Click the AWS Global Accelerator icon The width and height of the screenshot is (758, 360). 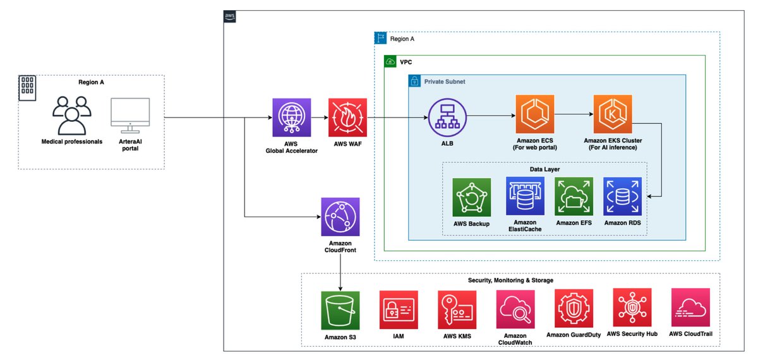pos(291,117)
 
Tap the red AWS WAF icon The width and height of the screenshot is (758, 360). pos(347,117)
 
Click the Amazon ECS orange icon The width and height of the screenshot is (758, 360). pos(534,114)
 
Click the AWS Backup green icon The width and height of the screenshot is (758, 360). pos(471,197)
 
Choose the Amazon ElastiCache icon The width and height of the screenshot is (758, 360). pos(525,196)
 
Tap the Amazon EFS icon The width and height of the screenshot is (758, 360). pos(574,196)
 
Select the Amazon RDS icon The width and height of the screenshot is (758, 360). pos(622,196)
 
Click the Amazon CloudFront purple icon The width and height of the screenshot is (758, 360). pos(340,217)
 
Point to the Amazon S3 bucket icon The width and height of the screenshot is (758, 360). pos(340,310)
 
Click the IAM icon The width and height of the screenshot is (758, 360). pos(398,309)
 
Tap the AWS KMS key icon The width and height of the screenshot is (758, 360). pos(457,309)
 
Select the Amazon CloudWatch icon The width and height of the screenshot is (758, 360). pos(515,309)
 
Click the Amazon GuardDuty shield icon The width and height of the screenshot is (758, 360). pos(574,308)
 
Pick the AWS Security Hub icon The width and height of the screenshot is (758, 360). pos(632,308)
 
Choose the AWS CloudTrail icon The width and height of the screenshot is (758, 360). pos(690,308)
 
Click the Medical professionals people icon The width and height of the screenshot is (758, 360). pos(71,115)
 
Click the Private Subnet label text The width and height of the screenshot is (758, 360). pos(445,82)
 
